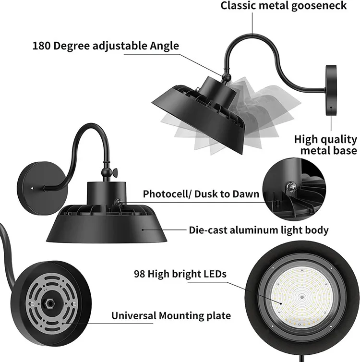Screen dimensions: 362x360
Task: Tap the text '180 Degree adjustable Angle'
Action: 106,46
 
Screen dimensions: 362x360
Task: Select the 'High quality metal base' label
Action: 325,145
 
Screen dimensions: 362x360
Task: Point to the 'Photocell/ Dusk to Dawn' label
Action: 201,194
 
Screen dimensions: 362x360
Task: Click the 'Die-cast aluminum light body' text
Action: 259,230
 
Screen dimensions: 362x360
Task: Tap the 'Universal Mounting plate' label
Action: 171,316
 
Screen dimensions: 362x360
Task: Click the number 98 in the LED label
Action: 140,275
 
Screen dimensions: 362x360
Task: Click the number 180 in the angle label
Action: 42,46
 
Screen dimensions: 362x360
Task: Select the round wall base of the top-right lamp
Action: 332,90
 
